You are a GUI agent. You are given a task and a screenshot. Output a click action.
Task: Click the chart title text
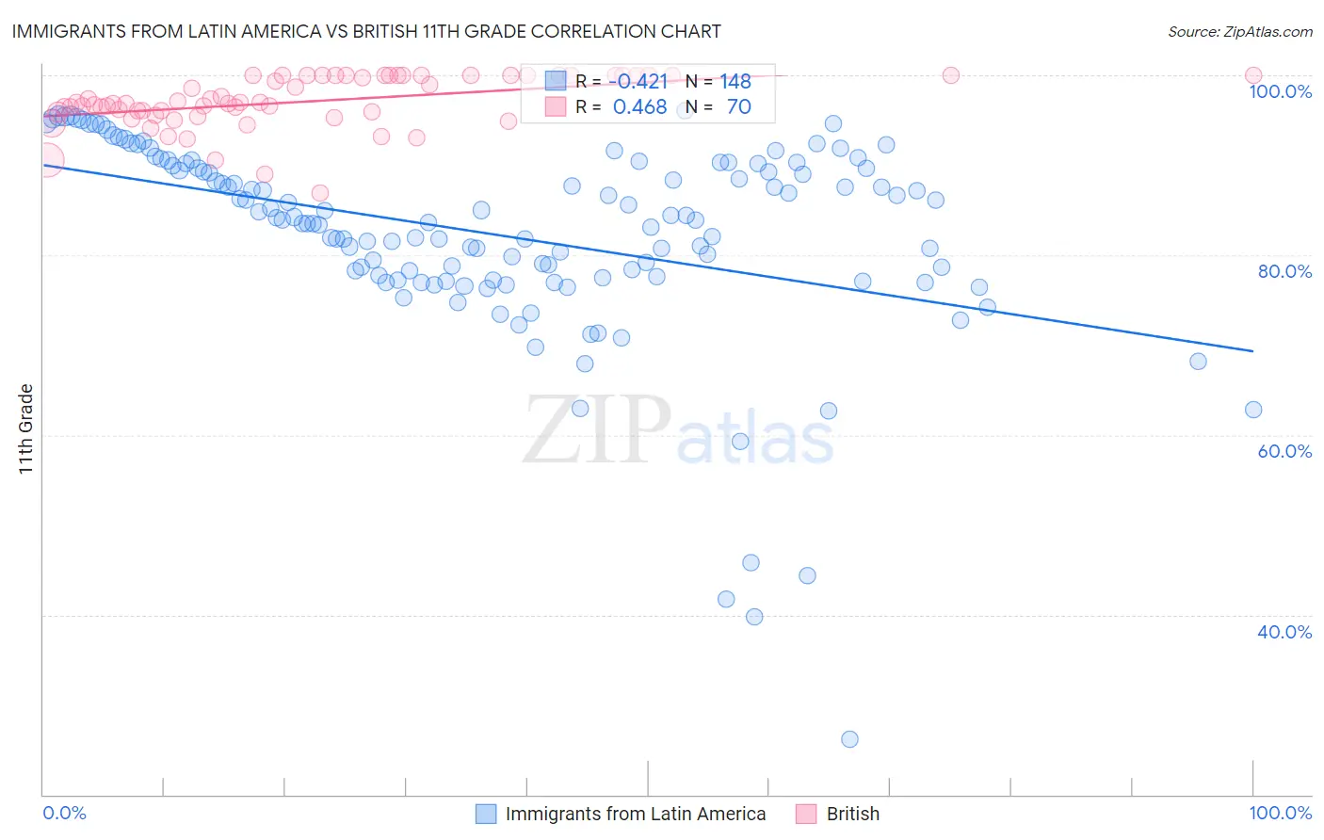(x=366, y=31)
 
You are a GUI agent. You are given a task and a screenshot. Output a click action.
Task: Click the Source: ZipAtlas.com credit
(x=1239, y=31)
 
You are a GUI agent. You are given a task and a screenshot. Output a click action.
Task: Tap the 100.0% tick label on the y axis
(x=1280, y=91)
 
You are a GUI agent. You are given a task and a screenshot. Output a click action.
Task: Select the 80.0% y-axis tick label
(x=1284, y=271)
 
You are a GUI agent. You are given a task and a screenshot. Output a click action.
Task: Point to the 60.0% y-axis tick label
(x=1284, y=451)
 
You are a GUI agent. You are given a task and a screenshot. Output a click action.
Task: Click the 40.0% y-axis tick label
(x=1284, y=632)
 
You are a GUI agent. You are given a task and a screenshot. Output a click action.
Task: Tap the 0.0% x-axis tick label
(x=64, y=813)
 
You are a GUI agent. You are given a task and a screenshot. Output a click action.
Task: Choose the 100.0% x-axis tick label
(x=1280, y=813)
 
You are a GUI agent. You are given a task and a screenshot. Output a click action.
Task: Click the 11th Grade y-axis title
(x=26, y=428)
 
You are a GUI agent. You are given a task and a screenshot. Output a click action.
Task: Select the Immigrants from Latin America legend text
(x=636, y=814)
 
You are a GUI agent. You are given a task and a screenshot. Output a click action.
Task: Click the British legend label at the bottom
(x=852, y=814)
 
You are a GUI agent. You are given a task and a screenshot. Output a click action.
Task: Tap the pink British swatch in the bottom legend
(x=806, y=814)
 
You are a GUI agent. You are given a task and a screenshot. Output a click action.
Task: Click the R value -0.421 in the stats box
(x=638, y=82)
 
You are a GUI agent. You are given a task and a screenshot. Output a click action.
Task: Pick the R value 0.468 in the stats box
(x=639, y=107)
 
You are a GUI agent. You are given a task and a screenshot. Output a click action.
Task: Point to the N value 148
(x=735, y=82)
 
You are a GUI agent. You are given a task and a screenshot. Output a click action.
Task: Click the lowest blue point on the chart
(x=849, y=739)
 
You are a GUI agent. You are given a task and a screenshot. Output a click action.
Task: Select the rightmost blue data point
(x=1253, y=410)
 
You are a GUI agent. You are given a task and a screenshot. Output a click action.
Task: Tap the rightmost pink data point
(x=1253, y=75)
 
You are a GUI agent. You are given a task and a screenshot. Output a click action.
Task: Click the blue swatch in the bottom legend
(x=486, y=814)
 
